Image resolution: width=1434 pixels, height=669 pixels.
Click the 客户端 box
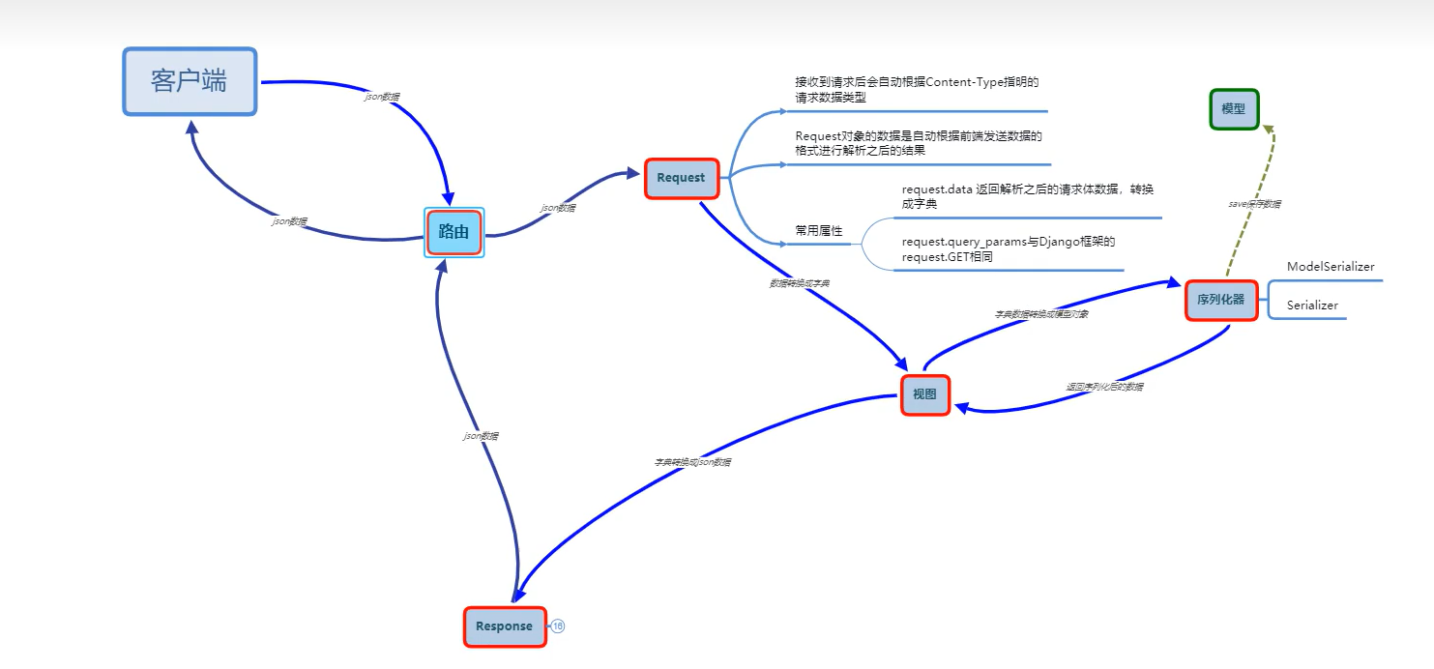coord(190,81)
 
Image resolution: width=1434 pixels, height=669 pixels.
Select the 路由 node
coord(454,232)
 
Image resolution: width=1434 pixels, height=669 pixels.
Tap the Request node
coord(681,178)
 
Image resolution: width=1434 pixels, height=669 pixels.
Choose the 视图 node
coord(924,394)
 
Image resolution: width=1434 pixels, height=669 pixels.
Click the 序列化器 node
coord(1220,300)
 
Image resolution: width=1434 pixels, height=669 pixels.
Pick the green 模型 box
coord(1233,109)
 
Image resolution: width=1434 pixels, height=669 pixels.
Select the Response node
coord(504,626)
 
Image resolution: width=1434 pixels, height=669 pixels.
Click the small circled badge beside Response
coord(558,626)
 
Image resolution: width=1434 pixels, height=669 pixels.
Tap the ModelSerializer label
coord(1330,267)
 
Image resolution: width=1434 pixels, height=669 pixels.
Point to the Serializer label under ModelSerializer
coord(1312,305)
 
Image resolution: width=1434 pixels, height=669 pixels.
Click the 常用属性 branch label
coord(818,231)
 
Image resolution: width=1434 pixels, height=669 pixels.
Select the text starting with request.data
coord(1027,196)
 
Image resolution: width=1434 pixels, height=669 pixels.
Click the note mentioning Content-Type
coord(916,90)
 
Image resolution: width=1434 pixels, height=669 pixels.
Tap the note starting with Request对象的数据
coord(918,143)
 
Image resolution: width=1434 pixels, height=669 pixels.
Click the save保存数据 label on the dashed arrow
coord(1254,205)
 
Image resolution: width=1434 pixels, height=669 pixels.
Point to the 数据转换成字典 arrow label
coord(799,283)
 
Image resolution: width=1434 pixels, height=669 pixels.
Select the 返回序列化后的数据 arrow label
coord(1104,387)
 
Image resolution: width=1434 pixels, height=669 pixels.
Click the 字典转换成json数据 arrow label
coord(692,462)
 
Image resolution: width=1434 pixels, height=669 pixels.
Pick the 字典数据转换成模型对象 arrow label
coord(1041,314)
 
